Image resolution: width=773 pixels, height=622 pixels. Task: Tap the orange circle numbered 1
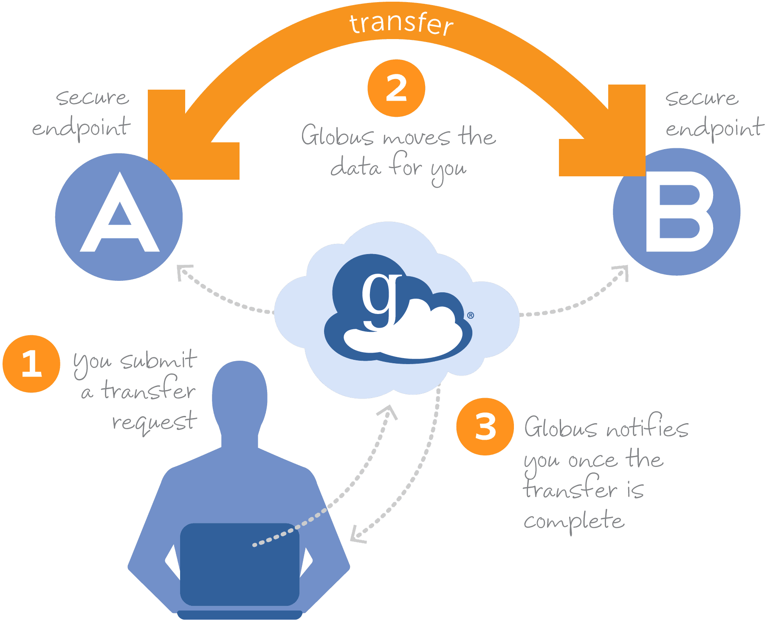coord(31,364)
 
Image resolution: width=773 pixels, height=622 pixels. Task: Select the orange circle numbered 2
coord(396,88)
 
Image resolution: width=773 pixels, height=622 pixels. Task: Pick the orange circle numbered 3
coord(485,427)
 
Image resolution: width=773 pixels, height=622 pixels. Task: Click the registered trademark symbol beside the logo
coord(471,315)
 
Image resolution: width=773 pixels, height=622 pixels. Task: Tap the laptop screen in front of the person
coord(240,563)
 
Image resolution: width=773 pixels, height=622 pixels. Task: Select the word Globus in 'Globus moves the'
coord(338,136)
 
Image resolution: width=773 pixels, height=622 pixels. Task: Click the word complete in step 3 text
coord(574,521)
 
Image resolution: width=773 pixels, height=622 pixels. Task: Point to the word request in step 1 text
coord(155,421)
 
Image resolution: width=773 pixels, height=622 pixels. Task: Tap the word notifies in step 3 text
coord(647,428)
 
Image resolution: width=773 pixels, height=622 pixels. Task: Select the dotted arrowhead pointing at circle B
coord(622,272)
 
